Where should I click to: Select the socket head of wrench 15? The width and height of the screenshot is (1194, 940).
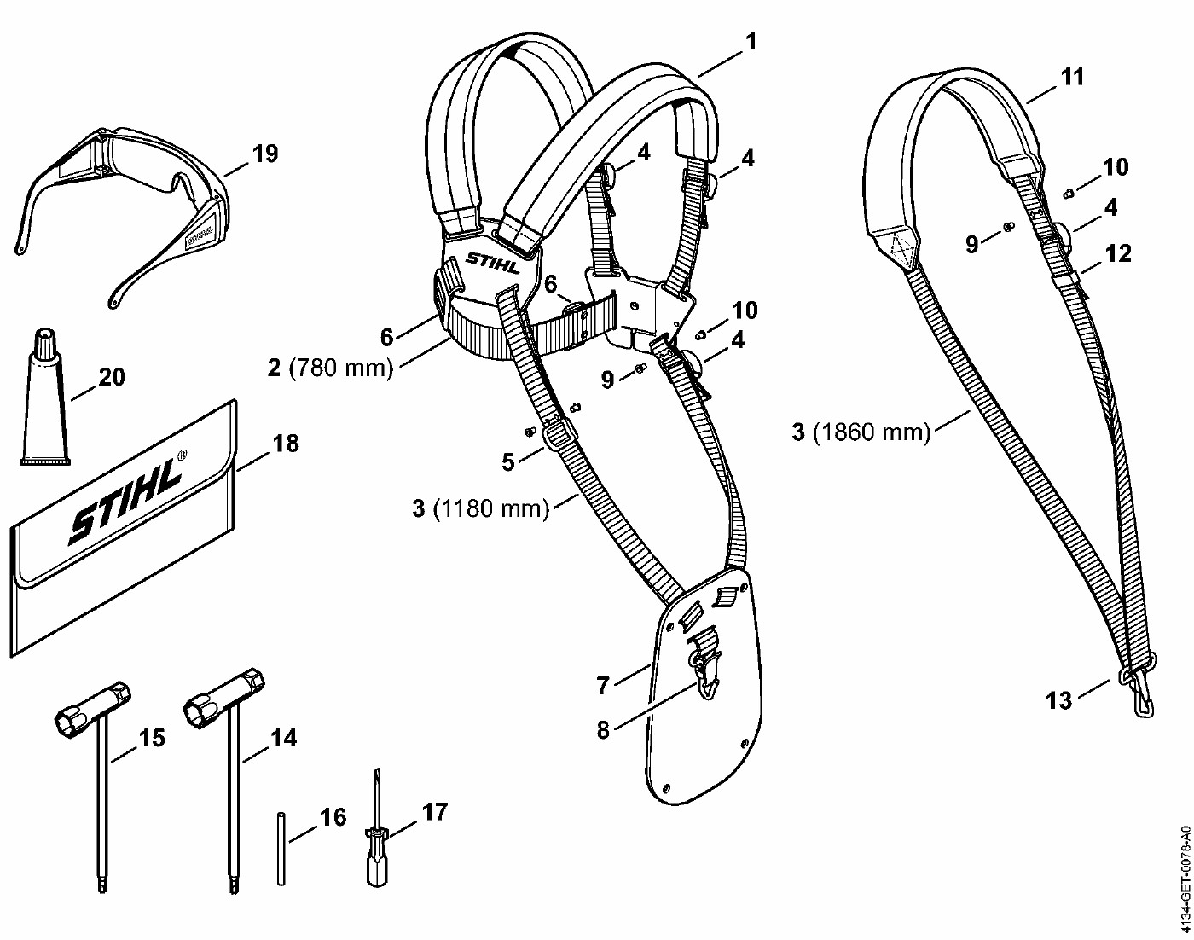(92, 710)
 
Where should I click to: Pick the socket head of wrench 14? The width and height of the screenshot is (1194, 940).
(223, 696)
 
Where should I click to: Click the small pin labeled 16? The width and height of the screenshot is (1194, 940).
(281, 850)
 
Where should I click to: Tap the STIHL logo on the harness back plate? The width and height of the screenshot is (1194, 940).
(493, 262)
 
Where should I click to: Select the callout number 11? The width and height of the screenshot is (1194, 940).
(1072, 77)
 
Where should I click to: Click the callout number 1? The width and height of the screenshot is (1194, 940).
(751, 41)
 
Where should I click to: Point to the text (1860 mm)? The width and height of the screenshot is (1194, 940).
(871, 432)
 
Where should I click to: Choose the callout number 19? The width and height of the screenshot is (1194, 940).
(265, 154)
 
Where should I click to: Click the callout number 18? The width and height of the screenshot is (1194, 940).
(286, 444)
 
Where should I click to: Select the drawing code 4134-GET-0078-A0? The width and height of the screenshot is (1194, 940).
(1184, 879)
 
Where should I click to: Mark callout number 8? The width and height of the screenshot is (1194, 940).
(604, 730)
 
